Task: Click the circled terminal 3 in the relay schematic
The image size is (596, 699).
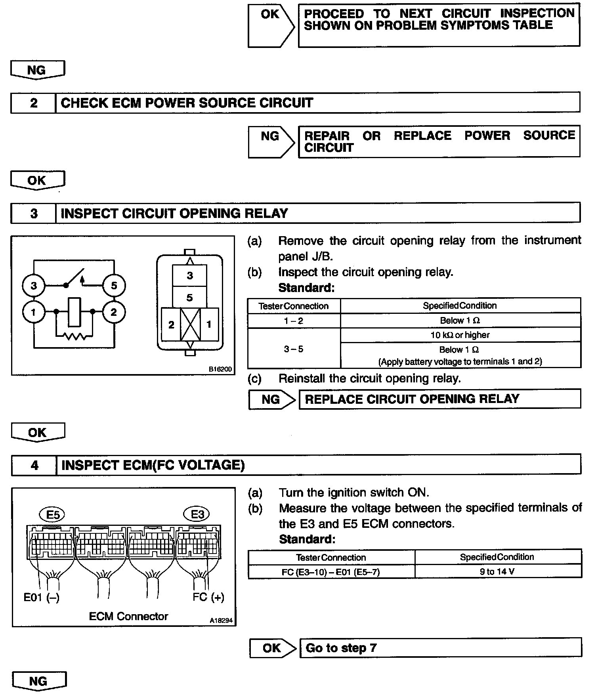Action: point(34,285)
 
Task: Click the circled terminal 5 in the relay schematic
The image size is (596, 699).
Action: point(114,285)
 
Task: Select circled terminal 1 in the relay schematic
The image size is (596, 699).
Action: point(34,312)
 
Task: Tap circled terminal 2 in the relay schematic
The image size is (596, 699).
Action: point(114,312)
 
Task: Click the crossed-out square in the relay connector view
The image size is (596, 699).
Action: point(190,325)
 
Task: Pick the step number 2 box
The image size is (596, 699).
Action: point(33,103)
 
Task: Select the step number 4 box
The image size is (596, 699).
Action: point(34,465)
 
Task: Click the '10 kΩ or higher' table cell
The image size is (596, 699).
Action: point(460,335)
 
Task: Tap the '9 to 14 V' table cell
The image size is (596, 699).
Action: point(497,571)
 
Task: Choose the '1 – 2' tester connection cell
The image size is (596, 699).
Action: point(294,321)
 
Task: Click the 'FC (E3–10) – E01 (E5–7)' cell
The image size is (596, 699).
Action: point(331,571)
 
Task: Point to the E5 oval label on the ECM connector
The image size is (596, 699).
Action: point(53,515)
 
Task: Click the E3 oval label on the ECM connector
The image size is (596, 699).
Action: point(197,514)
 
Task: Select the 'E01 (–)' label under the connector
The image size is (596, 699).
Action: point(41,597)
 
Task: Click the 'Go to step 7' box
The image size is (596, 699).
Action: point(440,648)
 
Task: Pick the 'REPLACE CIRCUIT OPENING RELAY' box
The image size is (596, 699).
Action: point(440,399)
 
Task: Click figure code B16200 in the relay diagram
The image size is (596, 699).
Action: point(220,369)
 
